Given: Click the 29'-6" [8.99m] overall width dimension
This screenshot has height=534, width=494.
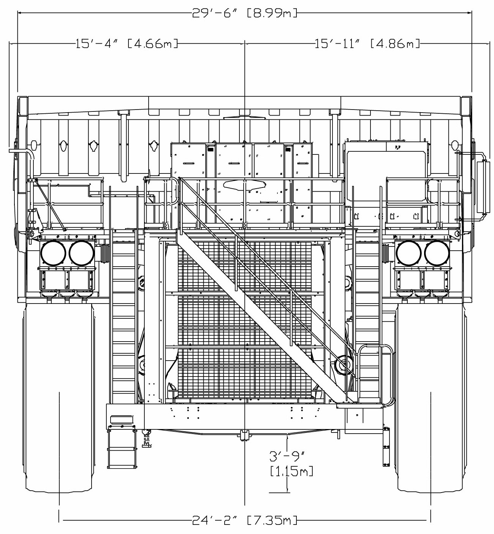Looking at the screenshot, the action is point(245,13).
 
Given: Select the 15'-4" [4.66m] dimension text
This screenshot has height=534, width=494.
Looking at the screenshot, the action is point(127,44).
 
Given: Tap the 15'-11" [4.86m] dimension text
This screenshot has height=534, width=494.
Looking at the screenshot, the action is point(367,44).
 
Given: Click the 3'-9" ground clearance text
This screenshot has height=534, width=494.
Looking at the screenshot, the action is point(288,456).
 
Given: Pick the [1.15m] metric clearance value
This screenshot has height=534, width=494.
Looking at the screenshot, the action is point(291,471).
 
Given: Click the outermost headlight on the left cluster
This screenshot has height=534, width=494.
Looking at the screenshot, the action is point(53,253).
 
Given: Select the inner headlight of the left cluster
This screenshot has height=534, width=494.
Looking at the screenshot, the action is point(82,253).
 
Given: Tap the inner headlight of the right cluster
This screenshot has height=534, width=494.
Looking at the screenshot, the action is point(409,253).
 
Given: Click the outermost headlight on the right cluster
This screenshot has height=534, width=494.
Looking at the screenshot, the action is point(437,253).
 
